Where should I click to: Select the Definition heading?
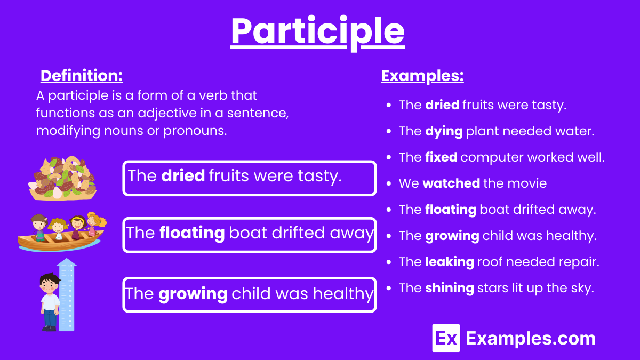pyautogui.click(x=82, y=76)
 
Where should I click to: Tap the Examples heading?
pyautogui.click(x=422, y=76)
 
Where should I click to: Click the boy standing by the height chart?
pyautogui.click(x=50, y=301)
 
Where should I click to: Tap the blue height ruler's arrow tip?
pyautogui.click(x=67, y=261)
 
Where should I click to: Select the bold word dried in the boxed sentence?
pyautogui.click(x=182, y=176)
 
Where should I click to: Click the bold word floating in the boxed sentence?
pyautogui.click(x=191, y=233)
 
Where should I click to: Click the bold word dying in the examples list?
pyautogui.click(x=443, y=131)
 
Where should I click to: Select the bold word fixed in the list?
pyautogui.click(x=441, y=157)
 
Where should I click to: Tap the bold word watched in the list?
pyautogui.click(x=451, y=183)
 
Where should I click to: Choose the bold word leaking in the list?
pyautogui.click(x=449, y=262)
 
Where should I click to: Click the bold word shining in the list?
pyautogui.click(x=449, y=288)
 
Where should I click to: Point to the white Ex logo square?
pyautogui.click(x=446, y=338)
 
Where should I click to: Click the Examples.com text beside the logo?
pyautogui.click(x=530, y=338)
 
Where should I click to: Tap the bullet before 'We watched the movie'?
pyautogui.click(x=389, y=184)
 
